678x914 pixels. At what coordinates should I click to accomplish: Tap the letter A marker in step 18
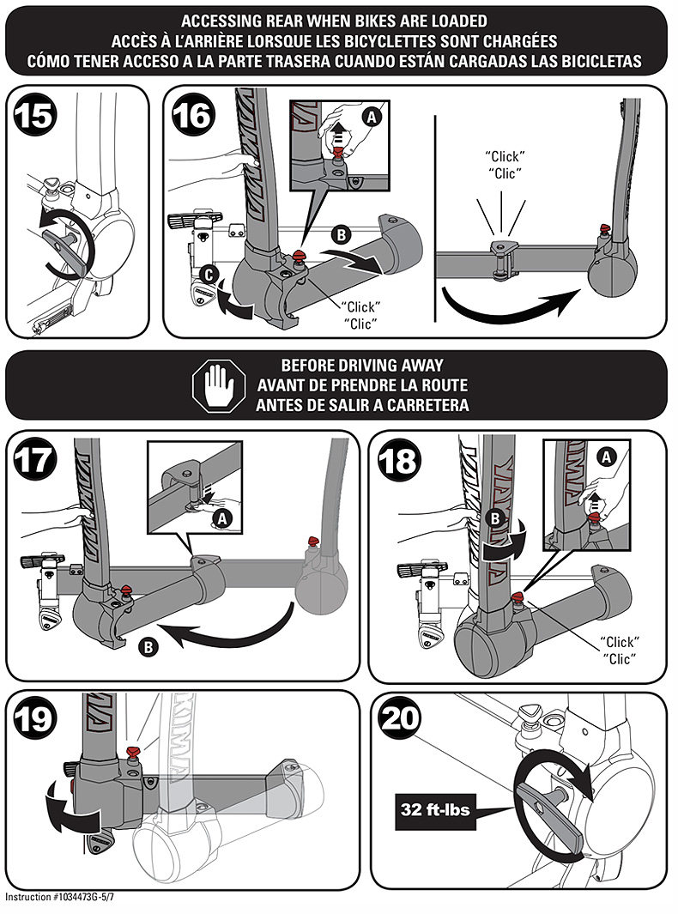tap(608, 458)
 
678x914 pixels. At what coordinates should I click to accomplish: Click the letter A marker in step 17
tap(223, 518)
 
